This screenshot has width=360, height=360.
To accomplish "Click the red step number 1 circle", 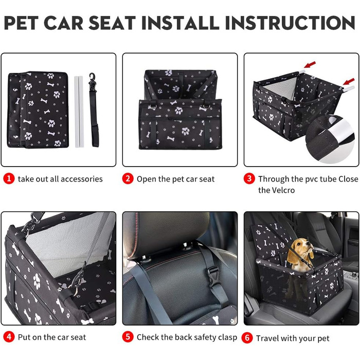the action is click(x=9, y=178).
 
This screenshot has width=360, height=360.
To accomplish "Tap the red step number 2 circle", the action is click(x=128, y=178).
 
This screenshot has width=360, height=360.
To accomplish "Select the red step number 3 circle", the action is click(x=249, y=178).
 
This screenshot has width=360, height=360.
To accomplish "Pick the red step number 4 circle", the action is click(x=9, y=337).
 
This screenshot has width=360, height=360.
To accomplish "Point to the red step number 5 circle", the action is click(x=128, y=337).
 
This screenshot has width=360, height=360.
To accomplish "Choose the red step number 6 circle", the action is click(x=247, y=338).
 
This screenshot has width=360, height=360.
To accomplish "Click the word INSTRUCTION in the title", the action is click(x=290, y=23).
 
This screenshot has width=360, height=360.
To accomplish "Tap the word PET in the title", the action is click(x=21, y=23).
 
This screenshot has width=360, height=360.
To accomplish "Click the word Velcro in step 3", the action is click(x=283, y=190).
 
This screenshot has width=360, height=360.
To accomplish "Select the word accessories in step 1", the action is click(x=81, y=179).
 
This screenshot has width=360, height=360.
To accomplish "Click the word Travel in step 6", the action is click(x=267, y=338).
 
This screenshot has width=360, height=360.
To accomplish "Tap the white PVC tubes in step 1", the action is click(x=79, y=112).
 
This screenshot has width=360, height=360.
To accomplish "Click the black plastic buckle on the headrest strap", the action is click(x=213, y=277).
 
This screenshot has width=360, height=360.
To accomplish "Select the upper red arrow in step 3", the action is click(x=310, y=65).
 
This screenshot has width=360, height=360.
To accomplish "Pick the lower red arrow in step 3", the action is click(x=349, y=82).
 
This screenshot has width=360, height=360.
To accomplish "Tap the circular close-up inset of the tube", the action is click(x=330, y=139).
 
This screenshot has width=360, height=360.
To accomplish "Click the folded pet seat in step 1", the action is click(x=38, y=110).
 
